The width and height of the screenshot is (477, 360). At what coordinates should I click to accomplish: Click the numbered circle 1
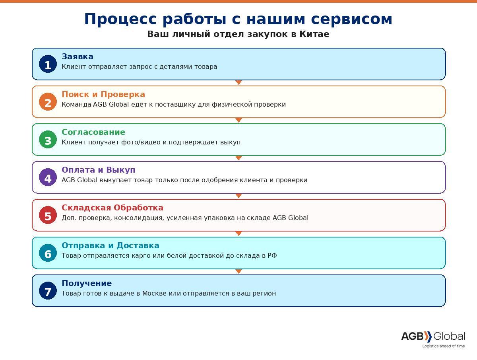point(48,64)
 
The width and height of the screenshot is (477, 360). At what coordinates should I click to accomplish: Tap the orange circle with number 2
point(48,102)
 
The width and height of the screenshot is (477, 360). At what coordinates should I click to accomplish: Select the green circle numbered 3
point(48,140)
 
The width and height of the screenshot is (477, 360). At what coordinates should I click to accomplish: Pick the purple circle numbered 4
point(48,177)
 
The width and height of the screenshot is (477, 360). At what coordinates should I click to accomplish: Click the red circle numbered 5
point(48,215)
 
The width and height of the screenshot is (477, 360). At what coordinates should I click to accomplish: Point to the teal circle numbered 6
point(48,253)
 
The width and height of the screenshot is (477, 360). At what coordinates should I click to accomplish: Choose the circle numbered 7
point(48,291)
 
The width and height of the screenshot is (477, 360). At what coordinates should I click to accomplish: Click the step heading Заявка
point(78,57)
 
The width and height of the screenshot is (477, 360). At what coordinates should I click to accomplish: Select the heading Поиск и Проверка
point(103,95)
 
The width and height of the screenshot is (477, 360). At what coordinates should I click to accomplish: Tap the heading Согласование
point(93,132)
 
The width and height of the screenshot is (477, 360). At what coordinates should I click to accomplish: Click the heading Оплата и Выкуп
point(99,170)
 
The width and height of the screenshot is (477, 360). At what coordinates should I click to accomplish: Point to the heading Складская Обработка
point(112,208)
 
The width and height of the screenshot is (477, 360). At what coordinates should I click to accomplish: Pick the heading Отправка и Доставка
point(111,246)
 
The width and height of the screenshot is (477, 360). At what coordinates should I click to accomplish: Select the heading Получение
point(87,284)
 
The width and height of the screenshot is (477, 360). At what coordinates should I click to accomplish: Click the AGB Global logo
point(433,337)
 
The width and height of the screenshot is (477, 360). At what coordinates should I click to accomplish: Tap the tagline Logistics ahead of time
point(443,346)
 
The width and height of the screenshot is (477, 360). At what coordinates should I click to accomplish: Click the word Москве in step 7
point(154,294)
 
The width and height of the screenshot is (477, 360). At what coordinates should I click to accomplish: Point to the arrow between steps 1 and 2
point(238,82)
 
